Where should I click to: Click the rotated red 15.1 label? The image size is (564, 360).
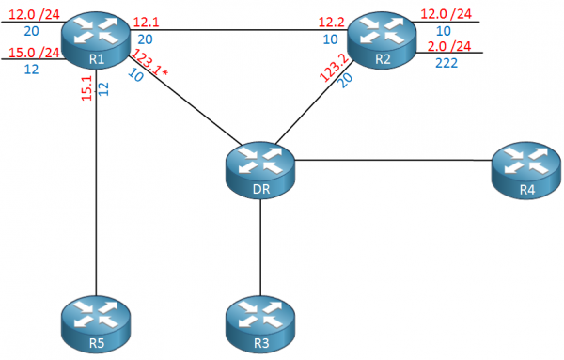click(86, 93)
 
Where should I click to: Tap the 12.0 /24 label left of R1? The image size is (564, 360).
click(28, 12)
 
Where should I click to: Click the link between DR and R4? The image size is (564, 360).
click(395, 160)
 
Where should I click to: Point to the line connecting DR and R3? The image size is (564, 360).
click(260, 244)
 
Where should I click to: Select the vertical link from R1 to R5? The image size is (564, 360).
click(95, 188)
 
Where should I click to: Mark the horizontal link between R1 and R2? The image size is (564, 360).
click(235, 29)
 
